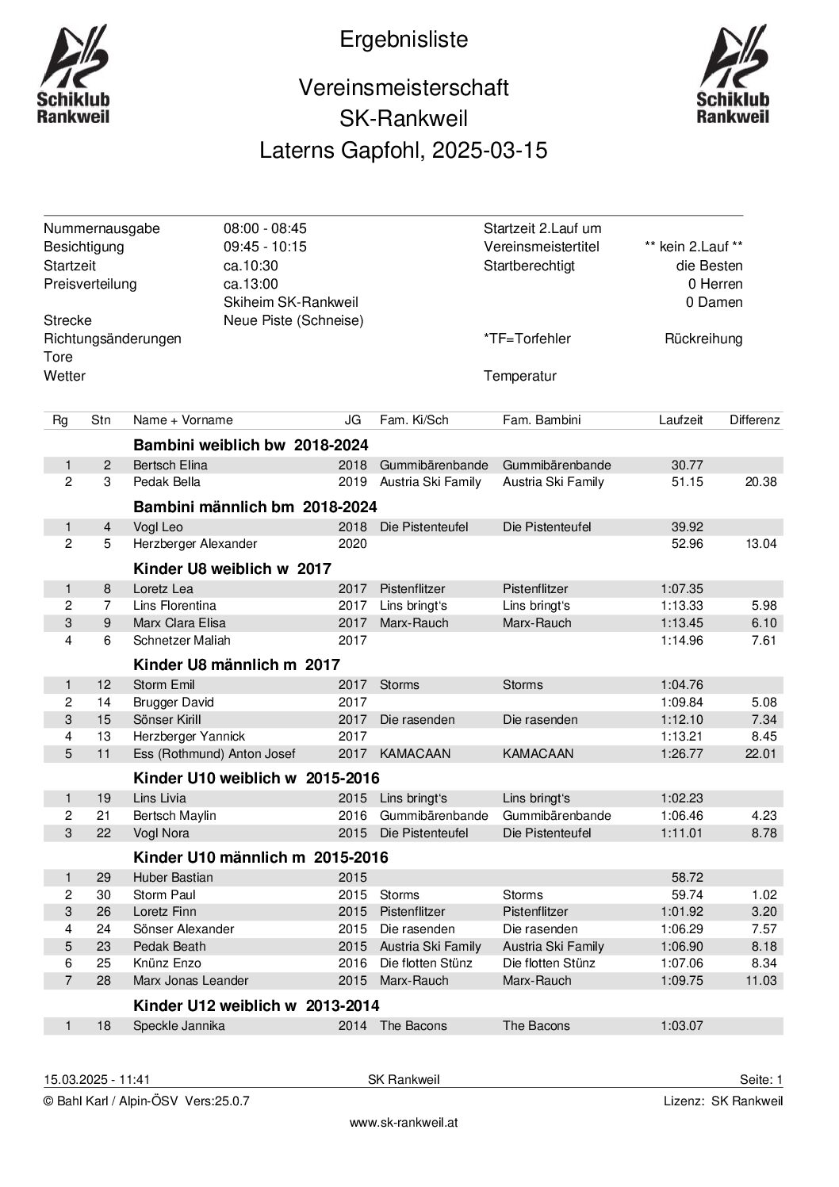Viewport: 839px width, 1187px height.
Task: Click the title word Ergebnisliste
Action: tap(404, 40)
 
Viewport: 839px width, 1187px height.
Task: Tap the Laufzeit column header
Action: tap(680, 420)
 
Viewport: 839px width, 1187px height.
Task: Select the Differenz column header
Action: tap(754, 420)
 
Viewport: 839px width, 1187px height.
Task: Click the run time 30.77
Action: tap(687, 465)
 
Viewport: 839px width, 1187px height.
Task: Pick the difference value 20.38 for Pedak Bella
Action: tap(760, 482)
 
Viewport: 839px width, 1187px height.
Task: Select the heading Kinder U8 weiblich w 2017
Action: tap(232, 568)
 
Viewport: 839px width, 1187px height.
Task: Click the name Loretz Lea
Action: tap(163, 589)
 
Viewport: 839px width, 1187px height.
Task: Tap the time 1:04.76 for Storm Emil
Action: tap(681, 685)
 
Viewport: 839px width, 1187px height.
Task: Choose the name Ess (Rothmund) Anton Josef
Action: tap(214, 754)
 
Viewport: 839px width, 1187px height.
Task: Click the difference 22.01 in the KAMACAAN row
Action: tap(760, 754)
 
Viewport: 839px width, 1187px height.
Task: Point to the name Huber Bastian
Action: tap(173, 878)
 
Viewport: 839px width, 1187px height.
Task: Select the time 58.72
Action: tap(687, 878)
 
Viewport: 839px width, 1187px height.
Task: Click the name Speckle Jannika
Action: tap(178, 1026)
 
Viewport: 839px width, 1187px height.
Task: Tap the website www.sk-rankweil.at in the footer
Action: tap(404, 1123)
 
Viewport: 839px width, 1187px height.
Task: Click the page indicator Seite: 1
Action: tap(760, 1080)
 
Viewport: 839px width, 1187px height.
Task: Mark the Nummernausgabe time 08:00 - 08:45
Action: tap(265, 229)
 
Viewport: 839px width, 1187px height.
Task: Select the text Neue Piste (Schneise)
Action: tap(293, 321)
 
